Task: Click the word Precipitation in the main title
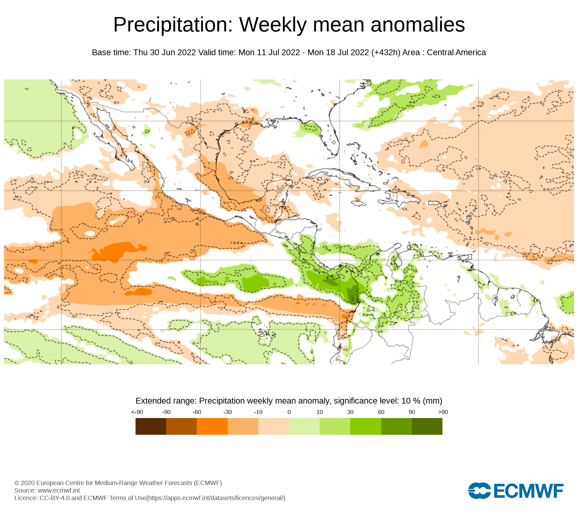(x=173, y=25)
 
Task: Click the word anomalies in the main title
(x=418, y=25)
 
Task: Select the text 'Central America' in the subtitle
(x=456, y=53)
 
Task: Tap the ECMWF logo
(x=516, y=491)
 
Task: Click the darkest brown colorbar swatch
(x=151, y=426)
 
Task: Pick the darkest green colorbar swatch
(x=427, y=426)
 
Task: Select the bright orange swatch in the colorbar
(x=212, y=426)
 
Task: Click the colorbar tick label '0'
(x=289, y=412)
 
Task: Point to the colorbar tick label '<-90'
(x=137, y=412)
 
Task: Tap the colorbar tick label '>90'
(x=443, y=412)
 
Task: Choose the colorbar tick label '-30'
(x=227, y=412)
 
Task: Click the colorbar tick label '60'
(x=381, y=412)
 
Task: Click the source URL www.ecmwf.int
(x=59, y=491)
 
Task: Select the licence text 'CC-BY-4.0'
(x=55, y=498)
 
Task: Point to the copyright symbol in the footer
(x=17, y=483)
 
